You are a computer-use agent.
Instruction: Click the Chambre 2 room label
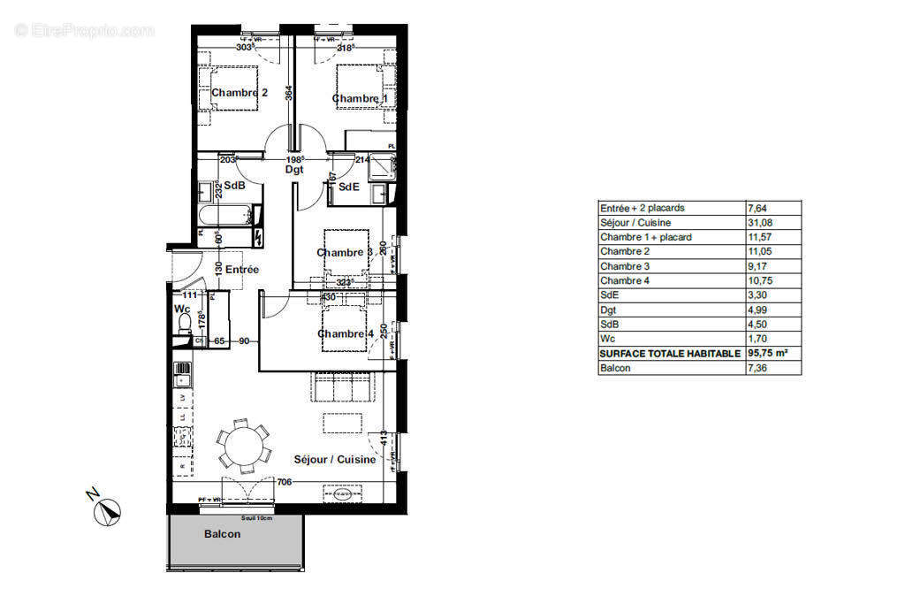pyautogui.click(x=240, y=93)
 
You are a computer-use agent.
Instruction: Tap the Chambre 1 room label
pyautogui.click(x=360, y=98)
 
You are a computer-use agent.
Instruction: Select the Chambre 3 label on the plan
pyautogui.click(x=345, y=253)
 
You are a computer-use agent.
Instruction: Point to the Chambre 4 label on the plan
pyautogui.click(x=346, y=333)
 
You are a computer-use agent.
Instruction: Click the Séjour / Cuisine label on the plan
pyautogui.click(x=335, y=460)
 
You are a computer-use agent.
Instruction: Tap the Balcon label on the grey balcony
pyautogui.click(x=222, y=534)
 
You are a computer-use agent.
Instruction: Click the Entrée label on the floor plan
pyautogui.click(x=242, y=269)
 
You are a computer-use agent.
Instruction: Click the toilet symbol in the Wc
pyautogui.click(x=184, y=328)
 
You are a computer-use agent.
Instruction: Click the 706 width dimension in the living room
pyautogui.click(x=284, y=482)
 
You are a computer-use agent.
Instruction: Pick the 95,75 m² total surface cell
pyautogui.click(x=768, y=353)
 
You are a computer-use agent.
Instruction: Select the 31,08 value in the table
pyautogui.click(x=760, y=222)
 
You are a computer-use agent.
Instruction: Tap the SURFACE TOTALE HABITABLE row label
pyautogui.click(x=670, y=353)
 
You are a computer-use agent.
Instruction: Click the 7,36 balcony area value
pyautogui.click(x=760, y=368)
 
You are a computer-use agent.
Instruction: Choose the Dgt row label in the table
pyautogui.click(x=608, y=310)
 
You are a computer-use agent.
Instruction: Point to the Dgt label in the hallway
pyautogui.click(x=294, y=169)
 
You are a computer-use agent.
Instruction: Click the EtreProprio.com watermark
pyautogui.click(x=85, y=30)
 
